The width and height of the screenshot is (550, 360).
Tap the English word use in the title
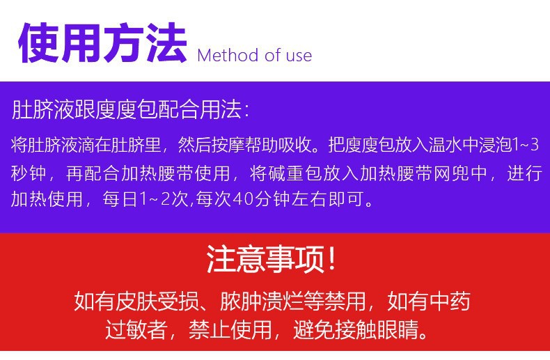click(x=299, y=56)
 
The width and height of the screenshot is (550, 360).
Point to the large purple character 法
click(x=166, y=42)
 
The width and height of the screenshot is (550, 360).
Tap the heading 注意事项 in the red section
click(x=265, y=259)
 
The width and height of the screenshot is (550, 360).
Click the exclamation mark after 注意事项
click(x=331, y=258)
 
